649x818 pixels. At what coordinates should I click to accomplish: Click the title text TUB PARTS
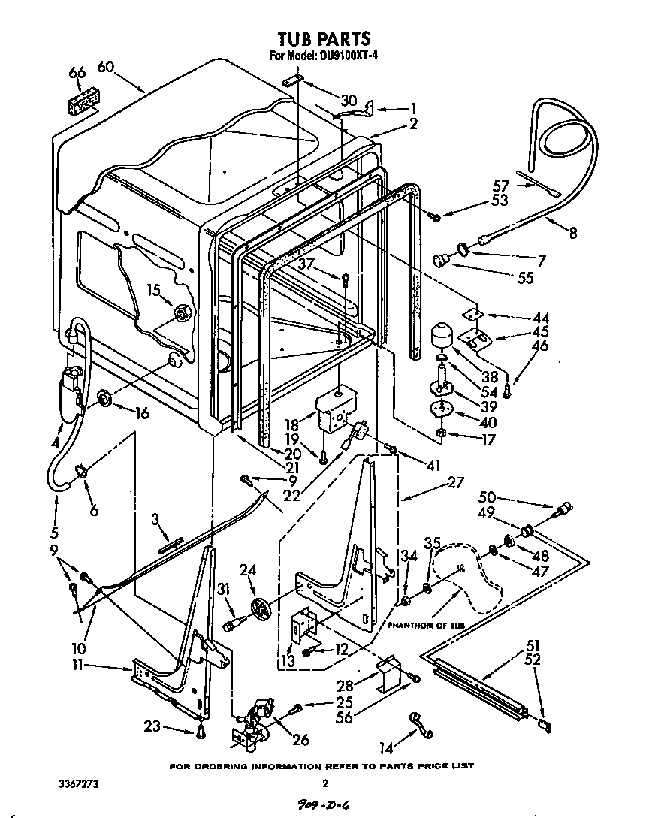click(324, 38)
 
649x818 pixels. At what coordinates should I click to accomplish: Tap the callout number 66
click(77, 73)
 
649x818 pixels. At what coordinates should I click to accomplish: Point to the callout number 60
click(105, 67)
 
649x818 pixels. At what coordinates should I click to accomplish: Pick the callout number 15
click(153, 289)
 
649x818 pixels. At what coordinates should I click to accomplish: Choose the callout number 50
click(487, 498)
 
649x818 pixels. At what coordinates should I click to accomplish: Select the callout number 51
click(533, 645)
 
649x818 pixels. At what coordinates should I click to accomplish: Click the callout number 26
click(300, 741)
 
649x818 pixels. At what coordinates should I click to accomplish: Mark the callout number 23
click(152, 726)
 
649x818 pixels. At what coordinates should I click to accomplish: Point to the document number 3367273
click(78, 783)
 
